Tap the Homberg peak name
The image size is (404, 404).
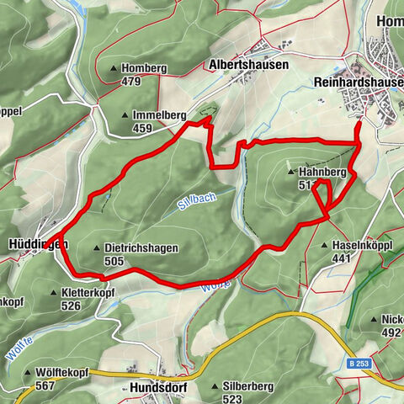point(145,69)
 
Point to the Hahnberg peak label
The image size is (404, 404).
point(322,172)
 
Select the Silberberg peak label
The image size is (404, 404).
point(248,386)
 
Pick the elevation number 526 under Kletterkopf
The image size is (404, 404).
point(71,306)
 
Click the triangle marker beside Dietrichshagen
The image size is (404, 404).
point(97,248)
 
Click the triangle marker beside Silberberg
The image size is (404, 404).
point(215,386)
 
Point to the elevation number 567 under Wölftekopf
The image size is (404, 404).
point(46,385)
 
